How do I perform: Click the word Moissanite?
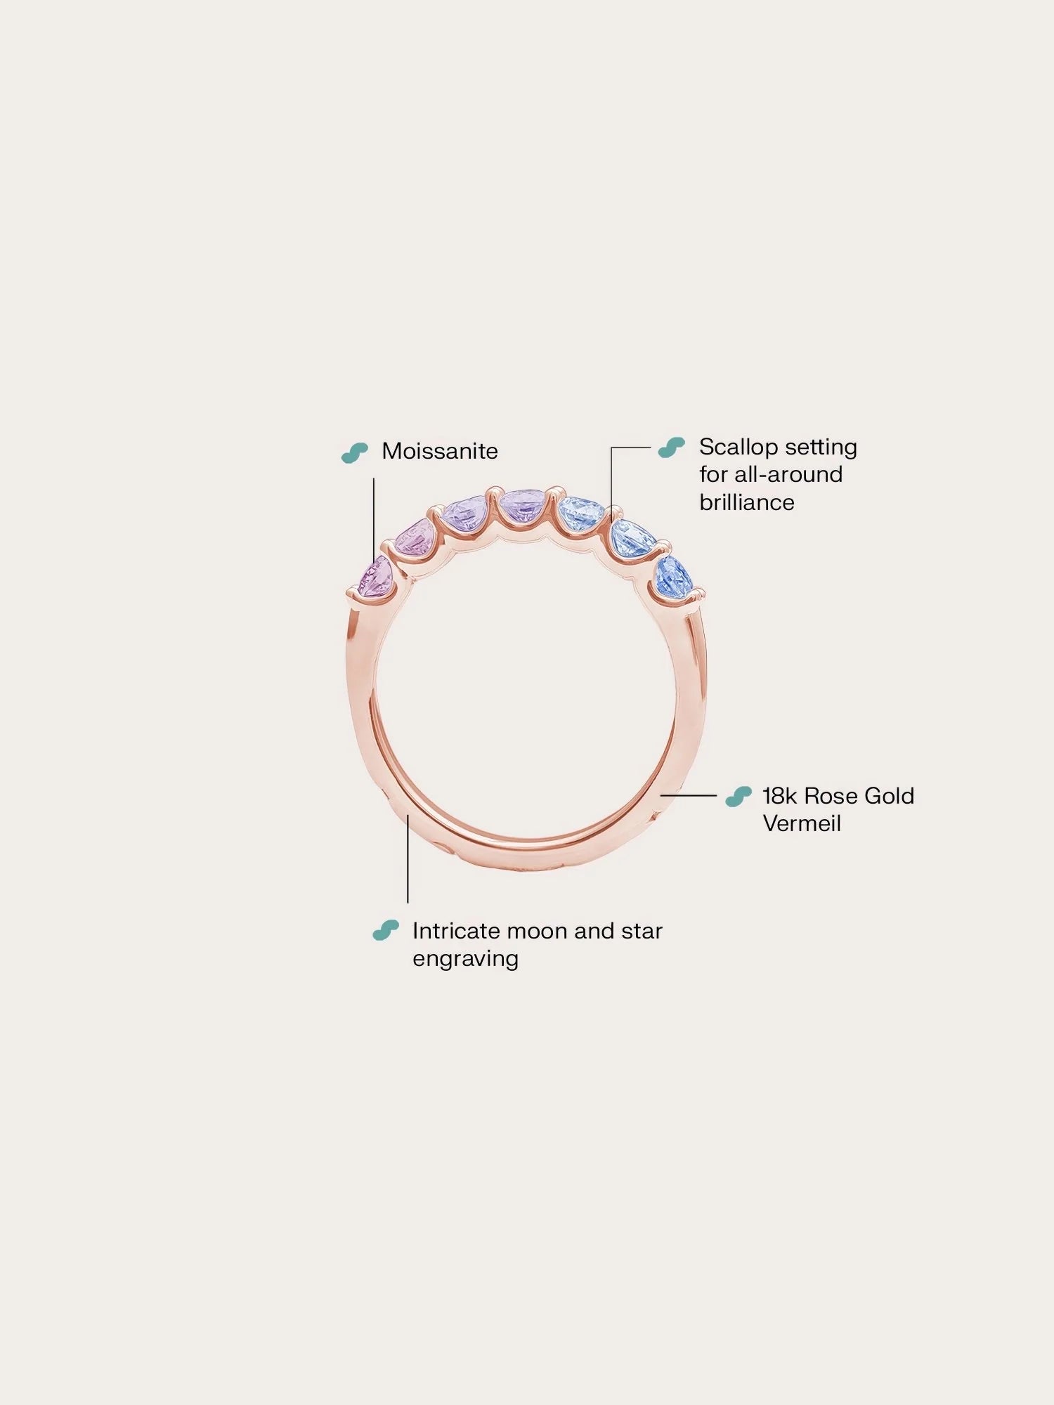tap(439, 451)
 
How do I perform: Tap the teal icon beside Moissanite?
tap(354, 452)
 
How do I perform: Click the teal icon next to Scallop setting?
tap(671, 447)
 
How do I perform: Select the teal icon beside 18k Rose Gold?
tap(738, 797)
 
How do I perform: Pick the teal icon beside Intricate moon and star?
tap(386, 931)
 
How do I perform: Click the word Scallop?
tap(736, 447)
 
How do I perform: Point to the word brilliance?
tap(746, 502)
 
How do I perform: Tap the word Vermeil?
tap(802, 823)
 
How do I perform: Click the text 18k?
tap(779, 796)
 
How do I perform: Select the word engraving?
tap(465, 959)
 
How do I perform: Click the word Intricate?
tap(456, 931)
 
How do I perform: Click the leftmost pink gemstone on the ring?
tap(374, 578)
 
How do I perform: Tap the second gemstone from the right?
tap(633, 537)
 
